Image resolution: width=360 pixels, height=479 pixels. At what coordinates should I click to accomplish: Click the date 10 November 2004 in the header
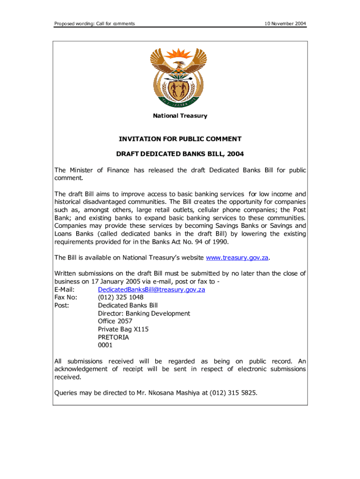click(285, 23)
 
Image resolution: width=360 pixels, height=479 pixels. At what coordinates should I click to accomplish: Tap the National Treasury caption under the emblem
click(180, 116)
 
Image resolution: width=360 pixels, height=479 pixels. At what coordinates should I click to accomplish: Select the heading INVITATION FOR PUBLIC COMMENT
click(180, 139)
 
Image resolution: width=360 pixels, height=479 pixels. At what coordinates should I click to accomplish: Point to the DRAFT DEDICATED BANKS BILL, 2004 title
click(180, 153)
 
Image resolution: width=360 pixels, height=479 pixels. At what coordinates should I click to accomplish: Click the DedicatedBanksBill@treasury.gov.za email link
click(151, 290)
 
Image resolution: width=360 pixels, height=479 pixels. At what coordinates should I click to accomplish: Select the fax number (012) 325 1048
click(121, 298)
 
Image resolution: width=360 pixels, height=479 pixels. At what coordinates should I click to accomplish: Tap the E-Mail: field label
click(65, 290)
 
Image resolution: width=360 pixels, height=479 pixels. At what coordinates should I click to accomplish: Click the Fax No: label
click(66, 298)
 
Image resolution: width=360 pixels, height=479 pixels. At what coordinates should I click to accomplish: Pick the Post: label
click(62, 305)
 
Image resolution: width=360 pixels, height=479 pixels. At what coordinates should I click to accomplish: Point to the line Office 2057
click(115, 321)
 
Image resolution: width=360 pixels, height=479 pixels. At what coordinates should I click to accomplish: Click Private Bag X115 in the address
click(123, 329)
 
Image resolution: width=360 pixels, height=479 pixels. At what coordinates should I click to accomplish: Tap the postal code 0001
click(105, 345)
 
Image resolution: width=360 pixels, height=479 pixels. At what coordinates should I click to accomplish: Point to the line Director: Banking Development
click(144, 313)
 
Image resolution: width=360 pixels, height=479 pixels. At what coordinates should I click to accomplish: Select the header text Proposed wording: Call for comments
click(94, 23)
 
